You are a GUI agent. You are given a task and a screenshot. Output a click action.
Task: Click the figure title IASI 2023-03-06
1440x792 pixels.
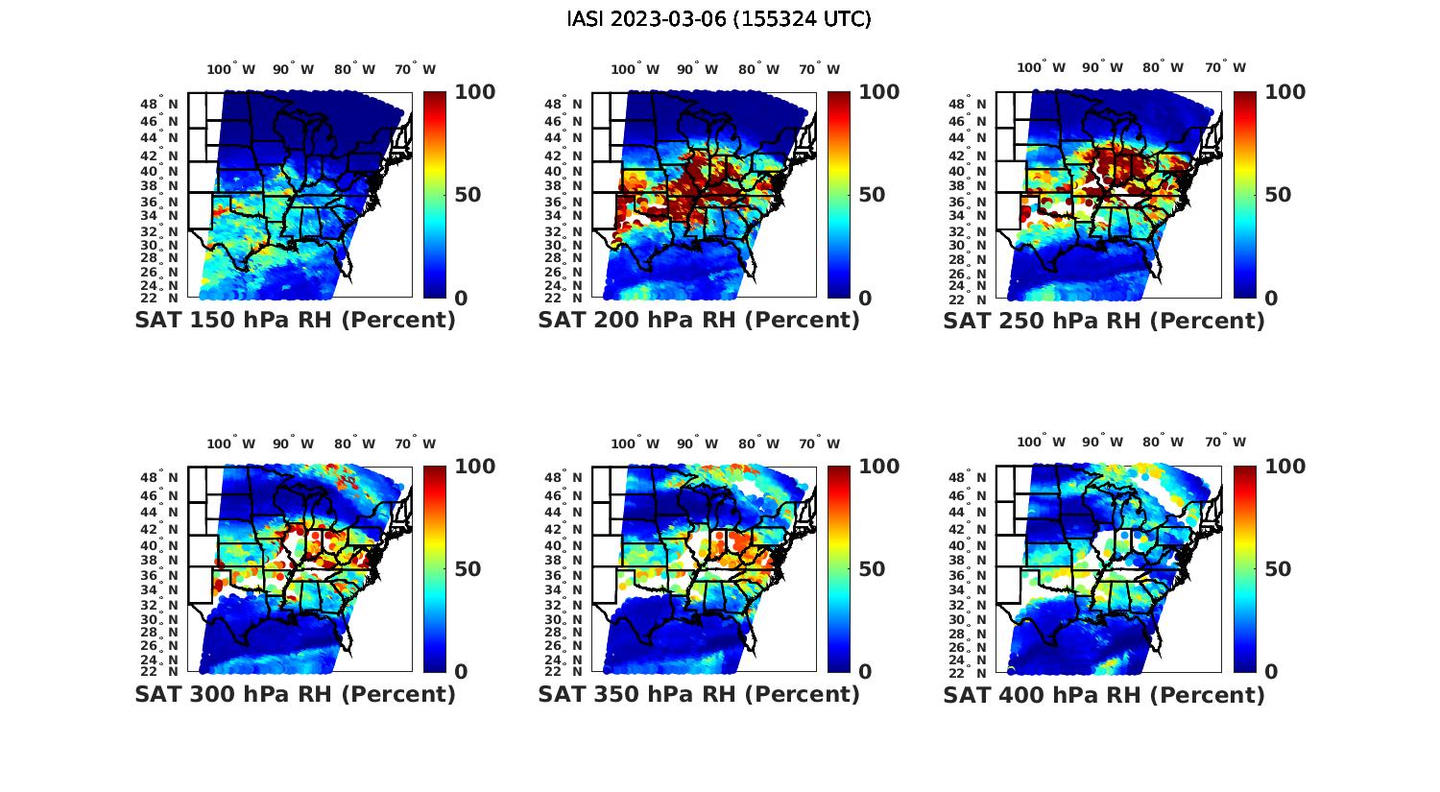coord(719,19)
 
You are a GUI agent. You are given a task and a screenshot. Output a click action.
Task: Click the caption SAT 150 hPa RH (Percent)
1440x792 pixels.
coord(295,321)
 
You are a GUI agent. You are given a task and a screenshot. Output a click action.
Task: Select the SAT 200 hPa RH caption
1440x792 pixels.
coord(699,321)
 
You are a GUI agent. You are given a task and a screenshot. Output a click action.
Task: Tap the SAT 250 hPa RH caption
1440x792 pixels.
coord(1104,321)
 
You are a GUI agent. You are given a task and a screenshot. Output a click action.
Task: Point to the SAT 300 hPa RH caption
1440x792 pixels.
coord(295,694)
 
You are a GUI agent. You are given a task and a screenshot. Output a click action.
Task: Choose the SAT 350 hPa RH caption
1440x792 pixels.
coord(699,694)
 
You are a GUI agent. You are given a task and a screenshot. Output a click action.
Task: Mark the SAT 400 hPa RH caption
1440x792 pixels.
coord(1104,694)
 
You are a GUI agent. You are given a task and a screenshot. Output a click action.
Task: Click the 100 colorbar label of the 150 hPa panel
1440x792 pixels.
coord(474,92)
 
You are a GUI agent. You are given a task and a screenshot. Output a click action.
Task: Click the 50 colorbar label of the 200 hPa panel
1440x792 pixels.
coord(872,195)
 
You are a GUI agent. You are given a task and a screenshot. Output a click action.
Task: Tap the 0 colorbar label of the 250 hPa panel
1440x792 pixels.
coord(1271,299)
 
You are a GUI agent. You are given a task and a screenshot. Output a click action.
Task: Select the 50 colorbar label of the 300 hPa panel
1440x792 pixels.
coord(467,569)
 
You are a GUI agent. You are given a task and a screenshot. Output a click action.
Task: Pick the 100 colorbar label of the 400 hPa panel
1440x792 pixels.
coord(1285,467)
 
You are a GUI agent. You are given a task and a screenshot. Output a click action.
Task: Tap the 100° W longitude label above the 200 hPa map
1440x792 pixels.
coord(635,69)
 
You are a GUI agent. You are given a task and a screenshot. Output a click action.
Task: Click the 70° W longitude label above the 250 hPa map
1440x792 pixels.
coord(1225,67)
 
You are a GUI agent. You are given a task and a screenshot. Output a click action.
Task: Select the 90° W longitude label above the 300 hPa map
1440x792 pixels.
coord(293,444)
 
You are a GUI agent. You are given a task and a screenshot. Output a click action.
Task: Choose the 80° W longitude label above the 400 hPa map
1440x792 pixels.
coord(1163,442)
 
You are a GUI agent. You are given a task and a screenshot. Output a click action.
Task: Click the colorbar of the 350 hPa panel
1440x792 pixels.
coord(839,568)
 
